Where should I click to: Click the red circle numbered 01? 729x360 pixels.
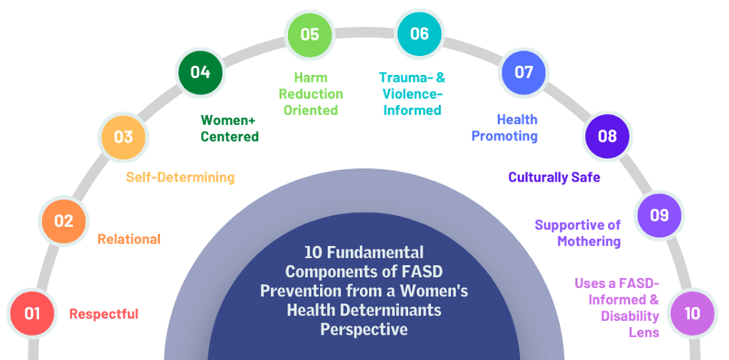point(32,313)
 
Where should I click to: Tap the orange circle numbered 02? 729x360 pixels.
point(64,221)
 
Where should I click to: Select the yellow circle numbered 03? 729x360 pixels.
point(124,137)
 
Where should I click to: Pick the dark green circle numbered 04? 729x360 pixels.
point(201,72)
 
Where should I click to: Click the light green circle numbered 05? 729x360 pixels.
point(309,34)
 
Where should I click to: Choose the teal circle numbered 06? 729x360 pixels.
point(420,34)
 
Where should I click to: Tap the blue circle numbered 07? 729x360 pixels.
point(524,72)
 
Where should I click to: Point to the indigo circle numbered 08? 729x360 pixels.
point(607,136)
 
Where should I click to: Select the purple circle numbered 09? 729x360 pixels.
point(659,215)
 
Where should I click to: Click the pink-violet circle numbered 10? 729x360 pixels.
point(692,313)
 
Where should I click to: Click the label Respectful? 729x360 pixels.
point(103,314)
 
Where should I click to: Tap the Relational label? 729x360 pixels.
point(129,239)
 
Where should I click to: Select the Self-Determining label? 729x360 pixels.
point(181,177)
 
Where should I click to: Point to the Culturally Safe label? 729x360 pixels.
point(554,177)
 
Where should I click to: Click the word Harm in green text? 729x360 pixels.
point(310,77)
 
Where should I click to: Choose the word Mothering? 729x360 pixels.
point(589,241)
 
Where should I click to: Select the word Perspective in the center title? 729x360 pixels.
point(364,329)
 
